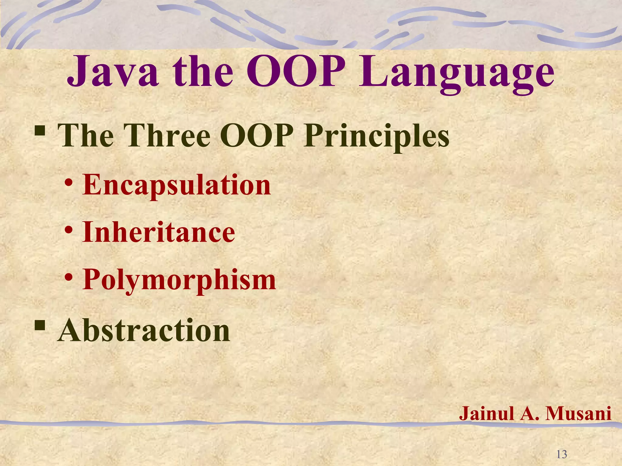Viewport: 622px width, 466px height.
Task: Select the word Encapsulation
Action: (x=176, y=185)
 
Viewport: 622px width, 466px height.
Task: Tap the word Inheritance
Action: (x=159, y=232)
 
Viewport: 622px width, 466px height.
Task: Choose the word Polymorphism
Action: (x=179, y=280)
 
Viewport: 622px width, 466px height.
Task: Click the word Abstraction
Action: (x=144, y=331)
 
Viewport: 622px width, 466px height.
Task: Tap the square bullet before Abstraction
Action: (x=40, y=326)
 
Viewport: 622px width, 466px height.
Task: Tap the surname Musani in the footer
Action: (x=578, y=413)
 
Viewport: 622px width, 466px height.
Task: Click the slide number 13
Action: (x=562, y=454)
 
